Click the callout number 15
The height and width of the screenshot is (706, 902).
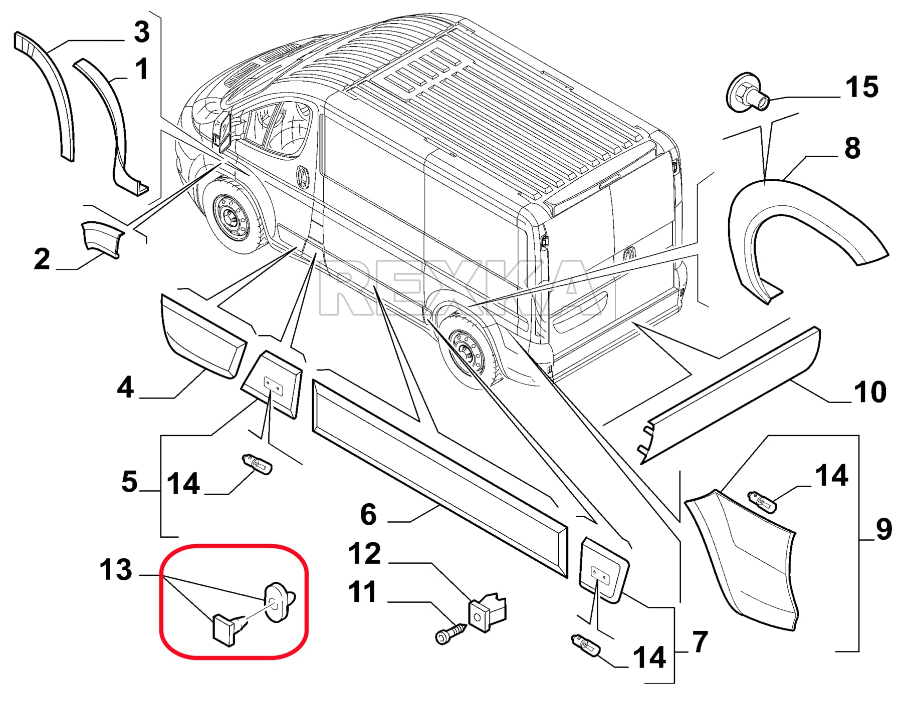coord(861,87)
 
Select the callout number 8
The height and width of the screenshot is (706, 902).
coord(852,148)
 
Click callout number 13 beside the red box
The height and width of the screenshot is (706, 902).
coord(116,570)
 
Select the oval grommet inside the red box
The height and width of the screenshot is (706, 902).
coord(277,602)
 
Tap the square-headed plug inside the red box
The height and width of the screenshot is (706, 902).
coord(224,628)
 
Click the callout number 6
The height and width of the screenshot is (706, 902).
coord(368,515)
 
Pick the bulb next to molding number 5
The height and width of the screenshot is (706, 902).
coord(258,464)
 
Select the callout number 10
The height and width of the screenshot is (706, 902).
coord(870,392)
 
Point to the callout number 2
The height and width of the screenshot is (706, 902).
coord(42,259)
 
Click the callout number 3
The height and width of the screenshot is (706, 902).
coord(142,33)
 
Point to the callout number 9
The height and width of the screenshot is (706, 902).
coord(884,529)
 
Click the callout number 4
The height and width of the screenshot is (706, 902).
coord(125,388)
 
